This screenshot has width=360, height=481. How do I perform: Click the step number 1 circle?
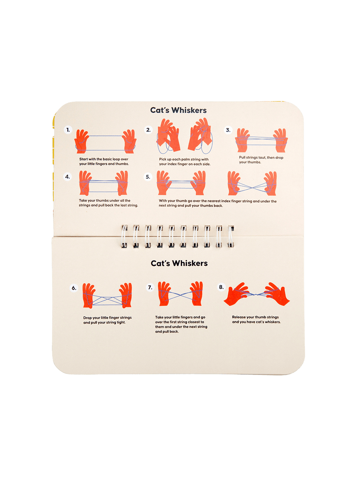click(68, 130)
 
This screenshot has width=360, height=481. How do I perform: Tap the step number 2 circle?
click(148, 130)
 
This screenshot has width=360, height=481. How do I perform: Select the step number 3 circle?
click(228, 130)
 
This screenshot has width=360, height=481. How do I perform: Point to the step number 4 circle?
click(68, 177)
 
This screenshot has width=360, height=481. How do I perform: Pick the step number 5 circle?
click(148, 177)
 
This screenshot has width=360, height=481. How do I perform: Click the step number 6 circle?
click(74, 288)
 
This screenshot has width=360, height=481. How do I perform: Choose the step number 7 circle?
click(150, 287)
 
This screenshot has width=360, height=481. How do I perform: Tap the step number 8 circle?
click(221, 287)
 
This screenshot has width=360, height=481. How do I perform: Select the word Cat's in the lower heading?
click(160, 263)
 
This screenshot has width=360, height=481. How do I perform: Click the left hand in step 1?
click(82, 141)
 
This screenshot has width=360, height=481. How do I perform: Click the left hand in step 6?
click(89, 295)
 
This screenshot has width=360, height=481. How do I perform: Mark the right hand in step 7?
click(196, 293)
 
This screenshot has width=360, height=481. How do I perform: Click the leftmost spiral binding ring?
click(124, 236)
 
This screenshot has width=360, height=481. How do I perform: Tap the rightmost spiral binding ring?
click(231, 236)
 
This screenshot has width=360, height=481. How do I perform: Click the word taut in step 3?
click(262, 157)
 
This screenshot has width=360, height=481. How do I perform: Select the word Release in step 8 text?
click(239, 317)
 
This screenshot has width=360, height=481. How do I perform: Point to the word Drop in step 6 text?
click(87, 318)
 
